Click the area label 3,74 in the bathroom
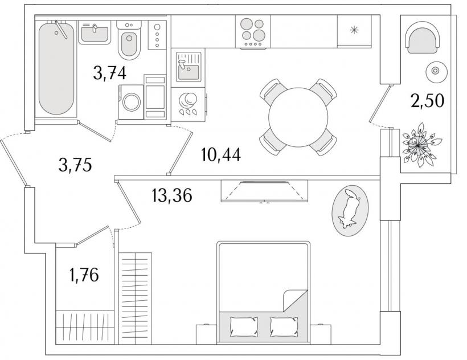pyautogui.click(x=109, y=73)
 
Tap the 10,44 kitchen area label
pyautogui.click(x=221, y=154)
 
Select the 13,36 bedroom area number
pyautogui.click(x=171, y=195)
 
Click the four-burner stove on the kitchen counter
pyautogui.click(x=253, y=31)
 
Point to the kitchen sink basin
pyautogui.click(x=189, y=71)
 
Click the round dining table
pyautogui.click(x=298, y=117)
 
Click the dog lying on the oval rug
pyautogui.click(x=349, y=208)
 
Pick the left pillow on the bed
pyautogui.click(x=244, y=327)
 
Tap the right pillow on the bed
pyautogui.click(x=284, y=327)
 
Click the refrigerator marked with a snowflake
pyautogui.click(x=354, y=31)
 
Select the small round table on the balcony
pyautogui.click(x=435, y=71)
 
